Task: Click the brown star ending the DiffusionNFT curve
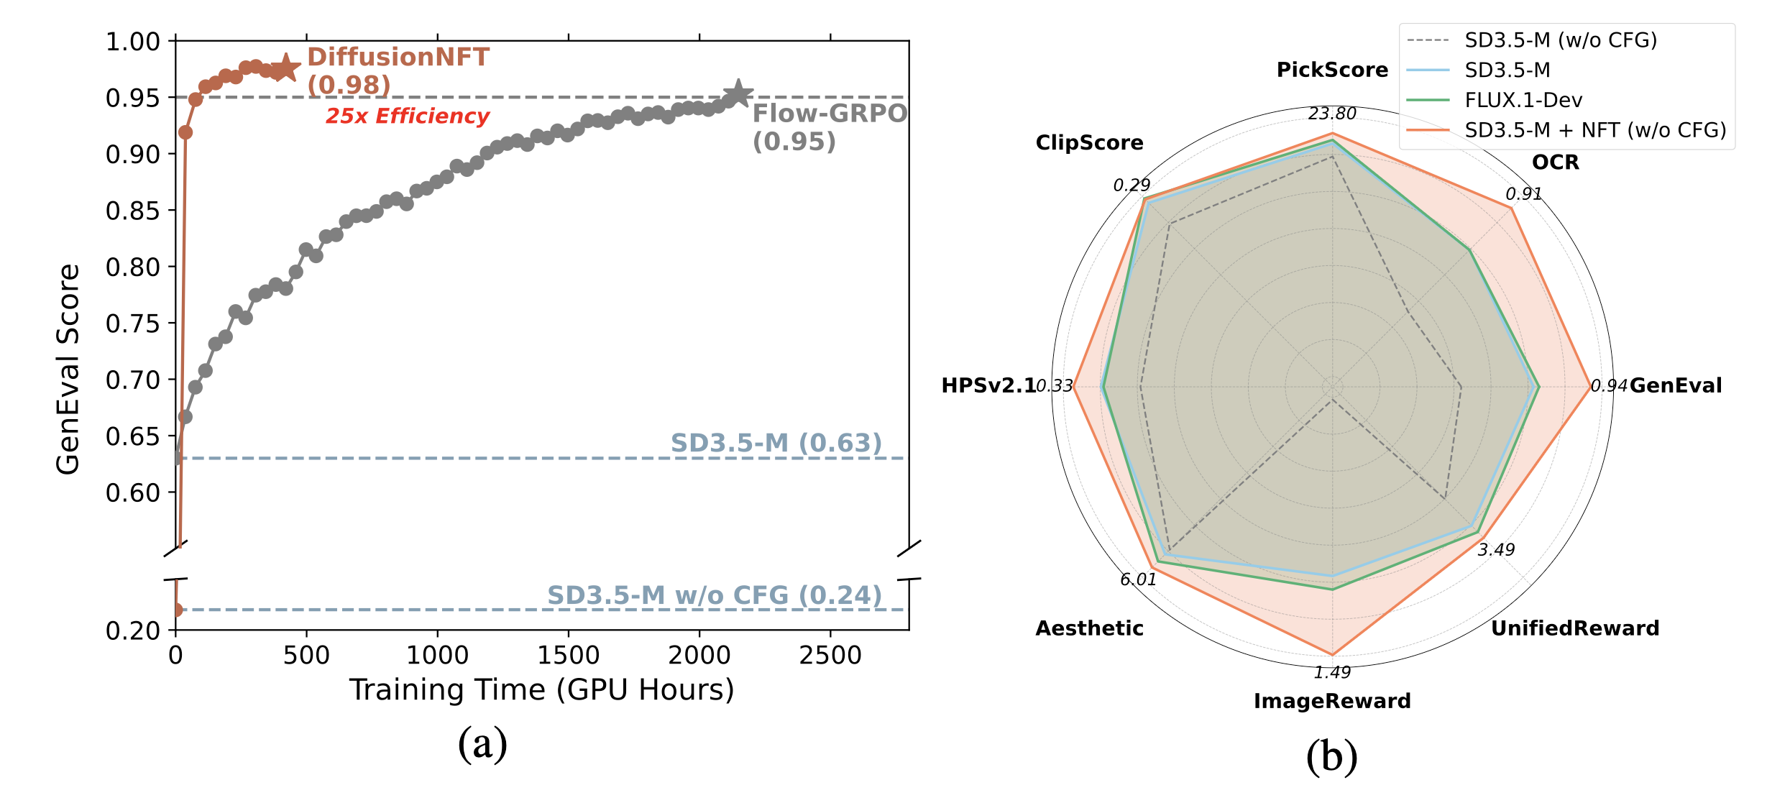pos(285,69)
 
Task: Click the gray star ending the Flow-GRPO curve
pos(738,94)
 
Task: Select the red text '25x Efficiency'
pos(407,116)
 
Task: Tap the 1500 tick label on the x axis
pos(568,656)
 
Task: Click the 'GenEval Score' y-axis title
pos(68,369)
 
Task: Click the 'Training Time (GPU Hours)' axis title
pos(541,690)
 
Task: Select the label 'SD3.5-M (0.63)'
pos(776,443)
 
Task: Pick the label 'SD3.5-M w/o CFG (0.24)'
pos(714,595)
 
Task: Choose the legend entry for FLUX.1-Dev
pos(1523,100)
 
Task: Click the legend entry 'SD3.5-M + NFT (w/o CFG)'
pos(1594,130)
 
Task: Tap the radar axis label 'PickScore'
pos(1331,70)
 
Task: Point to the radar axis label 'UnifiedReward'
pos(1574,628)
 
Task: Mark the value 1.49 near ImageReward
pos(1331,672)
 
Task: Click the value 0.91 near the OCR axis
pos(1523,194)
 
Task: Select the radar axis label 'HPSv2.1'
pos(988,386)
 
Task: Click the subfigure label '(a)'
pos(482,743)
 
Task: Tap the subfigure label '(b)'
pos(1331,756)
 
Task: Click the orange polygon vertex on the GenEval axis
pos(1589,387)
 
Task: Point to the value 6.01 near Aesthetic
pos(1138,579)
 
